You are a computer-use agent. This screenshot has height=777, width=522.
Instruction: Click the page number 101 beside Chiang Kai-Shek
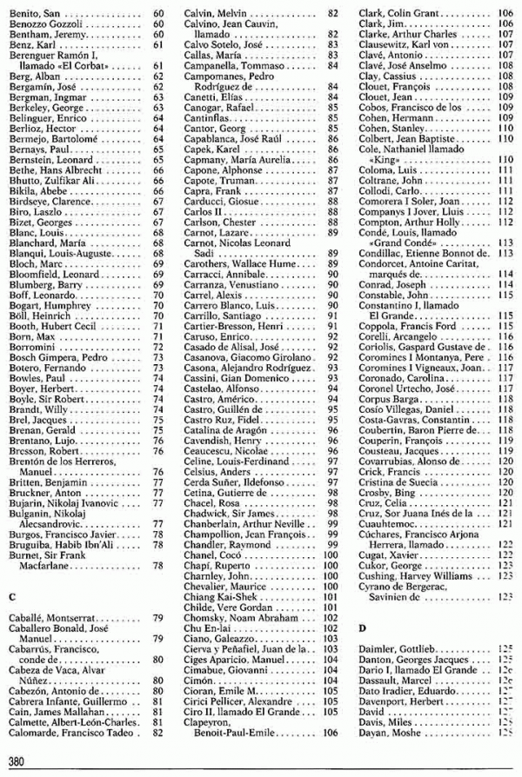(x=331, y=596)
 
